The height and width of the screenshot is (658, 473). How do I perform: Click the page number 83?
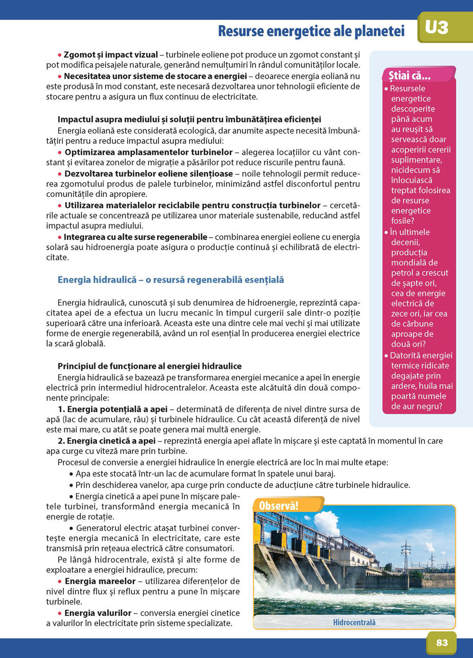coord(442,642)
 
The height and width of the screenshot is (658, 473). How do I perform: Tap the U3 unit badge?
coord(437,27)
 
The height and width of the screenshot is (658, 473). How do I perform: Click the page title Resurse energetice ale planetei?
coord(311,31)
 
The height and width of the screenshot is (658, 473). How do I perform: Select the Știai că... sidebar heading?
coord(410,76)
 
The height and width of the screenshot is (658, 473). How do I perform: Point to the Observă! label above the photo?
coord(279,506)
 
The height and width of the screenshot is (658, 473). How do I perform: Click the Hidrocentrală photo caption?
coord(354,622)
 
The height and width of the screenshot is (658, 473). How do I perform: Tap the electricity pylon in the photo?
coord(405,556)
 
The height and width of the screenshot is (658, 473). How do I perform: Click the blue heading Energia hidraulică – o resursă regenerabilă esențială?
coord(171,280)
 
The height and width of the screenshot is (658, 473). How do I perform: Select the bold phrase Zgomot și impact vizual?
coord(111,55)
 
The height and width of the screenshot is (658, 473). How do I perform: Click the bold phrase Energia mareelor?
coord(100,581)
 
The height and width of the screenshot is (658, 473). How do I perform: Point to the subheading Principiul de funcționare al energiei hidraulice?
coord(149,366)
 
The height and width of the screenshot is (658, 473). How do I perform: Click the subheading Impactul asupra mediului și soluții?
coord(189,119)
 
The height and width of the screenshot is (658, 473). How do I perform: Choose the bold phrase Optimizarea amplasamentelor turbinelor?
coord(149,152)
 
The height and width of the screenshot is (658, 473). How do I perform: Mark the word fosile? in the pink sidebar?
coord(403,221)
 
